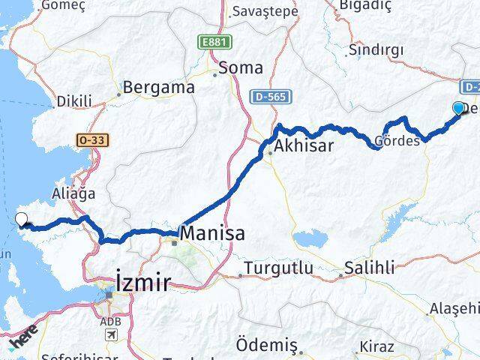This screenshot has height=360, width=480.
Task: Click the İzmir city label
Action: coord(142,282)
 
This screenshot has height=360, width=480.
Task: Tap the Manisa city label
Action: coord(212,232)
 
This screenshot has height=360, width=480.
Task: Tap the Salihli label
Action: coord(369,268)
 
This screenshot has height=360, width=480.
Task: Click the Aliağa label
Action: coord(73,193)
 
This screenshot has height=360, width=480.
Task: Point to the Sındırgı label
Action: coord(376,49)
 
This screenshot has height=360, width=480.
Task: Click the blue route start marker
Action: coord(458,108)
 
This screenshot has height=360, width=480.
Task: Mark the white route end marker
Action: coord(22,219)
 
